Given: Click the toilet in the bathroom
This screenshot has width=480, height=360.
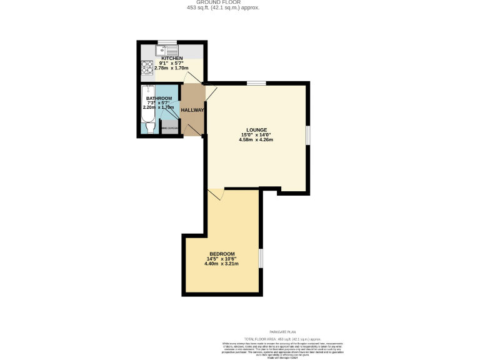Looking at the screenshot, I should click(149, 127).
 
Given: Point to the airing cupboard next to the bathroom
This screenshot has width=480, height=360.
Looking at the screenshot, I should click(170, 128).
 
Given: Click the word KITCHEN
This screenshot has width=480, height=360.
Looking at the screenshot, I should click(172, 58).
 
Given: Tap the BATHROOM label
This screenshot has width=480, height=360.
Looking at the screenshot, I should click(159, 98).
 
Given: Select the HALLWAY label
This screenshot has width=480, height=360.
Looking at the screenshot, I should click(192, 110).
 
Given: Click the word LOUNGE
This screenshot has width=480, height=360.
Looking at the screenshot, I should click(256, 129).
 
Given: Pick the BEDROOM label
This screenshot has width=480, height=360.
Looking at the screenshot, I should click(221, 254).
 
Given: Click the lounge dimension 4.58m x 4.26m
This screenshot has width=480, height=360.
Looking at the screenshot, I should click(256, 139).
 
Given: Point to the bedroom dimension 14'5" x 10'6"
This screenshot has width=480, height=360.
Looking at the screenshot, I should click(221, 259).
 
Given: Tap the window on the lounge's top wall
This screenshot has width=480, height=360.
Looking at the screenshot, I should click(256, 83).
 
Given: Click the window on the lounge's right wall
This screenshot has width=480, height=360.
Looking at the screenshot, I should click(307, 136).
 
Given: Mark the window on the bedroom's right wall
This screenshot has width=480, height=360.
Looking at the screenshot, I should click(261, 258).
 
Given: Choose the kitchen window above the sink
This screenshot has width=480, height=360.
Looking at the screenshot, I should click(167, 42).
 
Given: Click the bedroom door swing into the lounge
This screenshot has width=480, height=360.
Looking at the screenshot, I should click(216, 194).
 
